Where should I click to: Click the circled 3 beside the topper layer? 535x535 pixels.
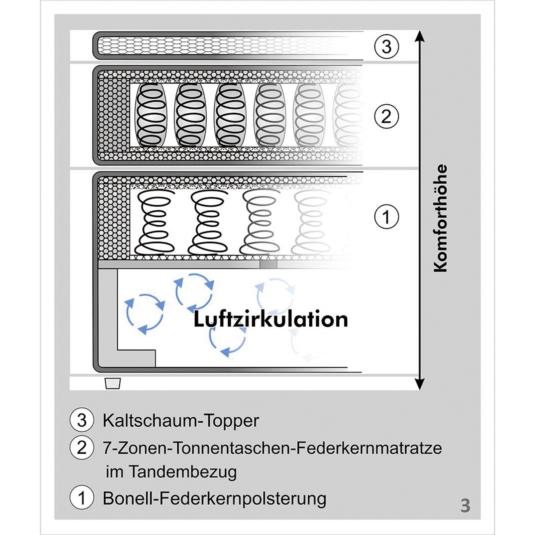coord(387,47)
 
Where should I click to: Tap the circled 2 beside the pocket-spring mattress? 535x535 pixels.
coord(387,117)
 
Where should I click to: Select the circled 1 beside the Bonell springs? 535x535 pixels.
coord(387,217)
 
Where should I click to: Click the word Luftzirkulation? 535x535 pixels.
coord(271,319)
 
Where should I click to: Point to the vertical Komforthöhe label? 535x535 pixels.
coord(441,218)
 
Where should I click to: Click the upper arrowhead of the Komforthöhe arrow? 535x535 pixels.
coord(420,36)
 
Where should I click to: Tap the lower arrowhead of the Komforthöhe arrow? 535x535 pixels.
coord(420,384)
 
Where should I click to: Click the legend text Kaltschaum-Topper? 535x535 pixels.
coord(181,421)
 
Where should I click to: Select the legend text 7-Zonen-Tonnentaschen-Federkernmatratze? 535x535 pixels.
coord(272,448)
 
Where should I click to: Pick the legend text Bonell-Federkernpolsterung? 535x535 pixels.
coord(214,498)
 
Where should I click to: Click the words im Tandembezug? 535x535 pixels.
coord(171,472)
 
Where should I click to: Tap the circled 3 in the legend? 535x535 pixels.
coord(82,420)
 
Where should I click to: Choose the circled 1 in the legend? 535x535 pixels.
coord(82,498)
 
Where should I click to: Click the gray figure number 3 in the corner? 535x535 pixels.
coord(465,506)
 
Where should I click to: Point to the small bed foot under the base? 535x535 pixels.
coord(112,384)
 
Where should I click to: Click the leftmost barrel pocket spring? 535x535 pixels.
coord(150,115)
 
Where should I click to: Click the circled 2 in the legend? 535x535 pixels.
coord(82,448)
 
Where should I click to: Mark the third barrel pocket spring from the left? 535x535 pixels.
coord(230,115)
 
